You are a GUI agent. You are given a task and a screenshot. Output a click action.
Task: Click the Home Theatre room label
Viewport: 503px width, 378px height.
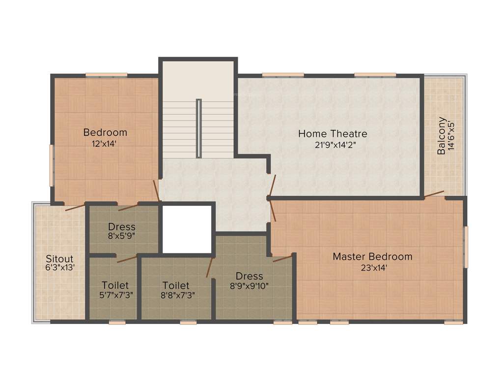click(x=333, y=133)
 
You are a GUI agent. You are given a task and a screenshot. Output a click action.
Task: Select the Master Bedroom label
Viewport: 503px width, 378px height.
click(x=372, y=256)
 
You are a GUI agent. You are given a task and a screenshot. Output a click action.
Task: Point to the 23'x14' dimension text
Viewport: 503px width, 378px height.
click(x=372, y=268)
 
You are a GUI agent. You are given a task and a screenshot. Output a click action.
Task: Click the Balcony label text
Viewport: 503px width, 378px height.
click(x=442, y=136)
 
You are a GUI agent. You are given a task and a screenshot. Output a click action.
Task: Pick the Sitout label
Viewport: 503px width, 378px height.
click(x=59, y=258)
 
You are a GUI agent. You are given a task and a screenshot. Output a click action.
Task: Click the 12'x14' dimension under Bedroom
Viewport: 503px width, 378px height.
click(x=105, y=144)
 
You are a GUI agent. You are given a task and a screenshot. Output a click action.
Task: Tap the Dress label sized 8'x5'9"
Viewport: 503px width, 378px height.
click(x=122, y=227)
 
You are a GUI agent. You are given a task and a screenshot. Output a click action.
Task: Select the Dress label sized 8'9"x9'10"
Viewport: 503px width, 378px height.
click(x=249, y=276)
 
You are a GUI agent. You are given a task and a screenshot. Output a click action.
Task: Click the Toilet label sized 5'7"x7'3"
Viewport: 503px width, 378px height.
click(x=115, y=285)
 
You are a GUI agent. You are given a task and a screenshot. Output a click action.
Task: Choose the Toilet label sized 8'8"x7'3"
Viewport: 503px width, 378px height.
click(x=176, y=285)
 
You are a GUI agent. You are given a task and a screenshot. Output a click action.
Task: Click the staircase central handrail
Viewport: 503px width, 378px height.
click(x=198, y=128)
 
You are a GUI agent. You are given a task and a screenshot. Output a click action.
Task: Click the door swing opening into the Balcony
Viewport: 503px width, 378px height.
click(x=434, y=194)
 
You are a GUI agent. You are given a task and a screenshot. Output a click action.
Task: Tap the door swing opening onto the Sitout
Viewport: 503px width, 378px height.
click(x=75, y=207)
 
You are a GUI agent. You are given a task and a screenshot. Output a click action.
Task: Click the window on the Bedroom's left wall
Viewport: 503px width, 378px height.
click(x=51, y=165)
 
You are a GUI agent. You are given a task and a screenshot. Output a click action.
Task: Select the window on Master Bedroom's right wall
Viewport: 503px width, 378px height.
click(x=466, y=247)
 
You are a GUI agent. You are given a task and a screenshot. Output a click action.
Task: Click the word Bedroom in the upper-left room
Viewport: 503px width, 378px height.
click(x=105, y=132)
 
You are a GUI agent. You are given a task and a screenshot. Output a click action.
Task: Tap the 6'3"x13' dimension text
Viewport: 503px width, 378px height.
click(x=59, y=268)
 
